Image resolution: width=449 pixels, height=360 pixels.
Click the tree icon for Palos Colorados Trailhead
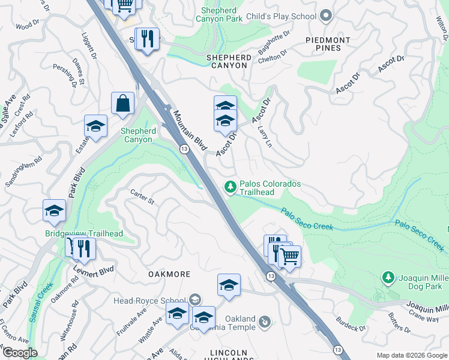pyautogui.click(x=230, y=187)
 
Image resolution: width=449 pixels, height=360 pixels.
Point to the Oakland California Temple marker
pyautogui.click(x=265, y=323)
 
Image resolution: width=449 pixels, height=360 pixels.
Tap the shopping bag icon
pyautogui.click(x=122, y=103)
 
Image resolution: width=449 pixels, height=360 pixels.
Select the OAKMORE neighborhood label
pyautogui.click(x=169, y=274)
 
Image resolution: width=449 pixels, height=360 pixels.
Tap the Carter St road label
pyautogui.click(x=143, y=196)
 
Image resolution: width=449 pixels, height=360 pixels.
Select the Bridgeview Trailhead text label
pyautogui.click(x=76, y=233)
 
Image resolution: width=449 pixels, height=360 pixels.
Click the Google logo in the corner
pyautogui.click(x=19, y=353)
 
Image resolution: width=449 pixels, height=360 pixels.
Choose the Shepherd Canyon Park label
pyautogui.click(x=219, y=14)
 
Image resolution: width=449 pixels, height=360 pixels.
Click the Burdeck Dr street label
pyautogui.click(x=351, y=324)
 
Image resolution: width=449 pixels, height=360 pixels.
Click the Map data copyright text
pyautogui.click(x=411, y=355)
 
